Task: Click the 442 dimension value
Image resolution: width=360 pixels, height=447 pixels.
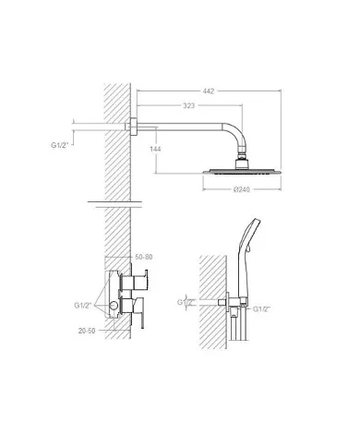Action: pos(209,91)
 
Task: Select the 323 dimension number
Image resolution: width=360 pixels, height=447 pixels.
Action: pos(189,105)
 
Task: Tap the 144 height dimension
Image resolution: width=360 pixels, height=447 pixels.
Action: pos(155,149)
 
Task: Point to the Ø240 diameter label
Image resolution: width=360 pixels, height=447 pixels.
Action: pos(242,189)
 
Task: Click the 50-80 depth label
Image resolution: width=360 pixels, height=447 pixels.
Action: pos(144,257)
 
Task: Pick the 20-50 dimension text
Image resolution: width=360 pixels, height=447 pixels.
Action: pos(87,331)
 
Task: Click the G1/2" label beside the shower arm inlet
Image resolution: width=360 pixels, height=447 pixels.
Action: pos(59,145)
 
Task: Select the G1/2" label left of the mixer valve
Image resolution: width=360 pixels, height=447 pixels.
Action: pos(83,306)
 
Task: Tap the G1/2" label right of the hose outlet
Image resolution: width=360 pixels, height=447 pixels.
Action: pos(261,309)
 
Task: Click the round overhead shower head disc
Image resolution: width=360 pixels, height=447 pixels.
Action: pos(242,172)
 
